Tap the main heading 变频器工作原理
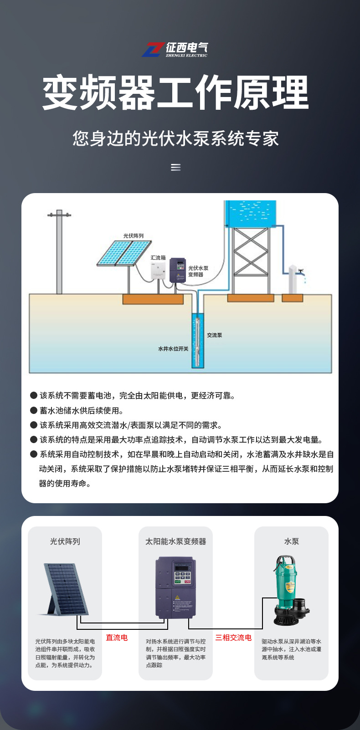coord(175,92)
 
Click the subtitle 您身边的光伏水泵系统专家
coord(175,138)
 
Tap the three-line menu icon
coord(175,168)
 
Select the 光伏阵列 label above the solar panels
coord(133,235)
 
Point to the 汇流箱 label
coord(158,258)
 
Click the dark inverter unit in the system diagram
coord(178,270)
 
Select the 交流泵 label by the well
coord(214,335)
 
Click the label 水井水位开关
coord(173,349)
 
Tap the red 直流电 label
coord(117,638)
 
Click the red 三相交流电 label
coord(233,638)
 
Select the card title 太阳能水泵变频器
coord(175,541)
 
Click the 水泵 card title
coord(291,541)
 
